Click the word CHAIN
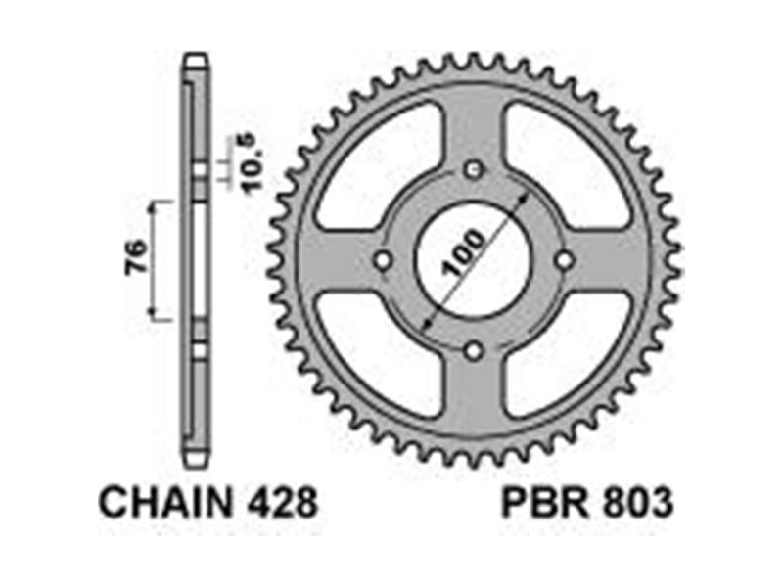point(166,503)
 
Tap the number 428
point(282,503)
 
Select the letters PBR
point(546,503)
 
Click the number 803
point(638,503)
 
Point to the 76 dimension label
point(136,257)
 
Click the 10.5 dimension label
point(253,162)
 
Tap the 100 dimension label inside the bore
point(464,252)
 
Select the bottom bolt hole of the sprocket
point(474,351)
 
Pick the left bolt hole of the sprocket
point(383,260)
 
